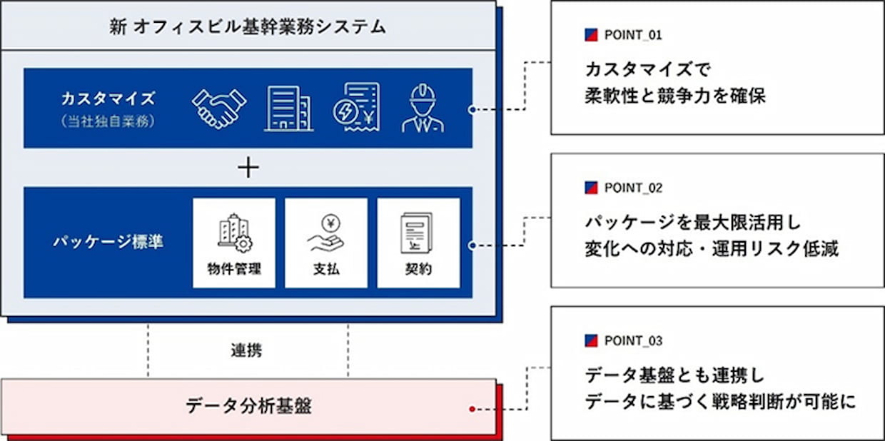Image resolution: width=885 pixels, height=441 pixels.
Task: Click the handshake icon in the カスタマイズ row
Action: tap(219, 108)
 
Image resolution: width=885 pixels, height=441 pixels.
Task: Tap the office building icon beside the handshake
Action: tap(288, 108)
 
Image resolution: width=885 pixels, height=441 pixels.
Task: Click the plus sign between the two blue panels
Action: tap(248, 168)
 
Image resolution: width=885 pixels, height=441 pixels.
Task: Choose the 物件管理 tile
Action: tap(234, 243)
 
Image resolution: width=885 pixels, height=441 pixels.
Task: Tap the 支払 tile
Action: tap(326, 243)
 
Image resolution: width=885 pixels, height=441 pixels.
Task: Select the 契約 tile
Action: tap(418, 243)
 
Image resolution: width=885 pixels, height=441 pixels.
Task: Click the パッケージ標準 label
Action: tap(108, 242)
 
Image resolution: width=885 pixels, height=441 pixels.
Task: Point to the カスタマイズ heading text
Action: tap(108, 98)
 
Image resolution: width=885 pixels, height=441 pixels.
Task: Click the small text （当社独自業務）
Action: tap(108, 121)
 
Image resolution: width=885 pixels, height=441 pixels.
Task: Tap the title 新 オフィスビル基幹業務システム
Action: tap(248, 27)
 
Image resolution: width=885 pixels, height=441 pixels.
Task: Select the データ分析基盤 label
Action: tap(248, 407)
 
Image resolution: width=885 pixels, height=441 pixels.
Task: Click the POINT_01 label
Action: tap(633, 34)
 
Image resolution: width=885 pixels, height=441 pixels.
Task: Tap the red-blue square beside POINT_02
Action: tap(591, 188)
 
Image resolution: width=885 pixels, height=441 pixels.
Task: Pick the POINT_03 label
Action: tap(633, 340)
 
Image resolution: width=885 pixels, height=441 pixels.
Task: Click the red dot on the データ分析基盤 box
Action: tap(472, 409)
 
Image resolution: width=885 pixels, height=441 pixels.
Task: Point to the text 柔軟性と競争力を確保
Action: tap(674, 96)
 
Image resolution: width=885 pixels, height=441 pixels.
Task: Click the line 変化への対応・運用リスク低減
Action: tap(712, 249)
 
